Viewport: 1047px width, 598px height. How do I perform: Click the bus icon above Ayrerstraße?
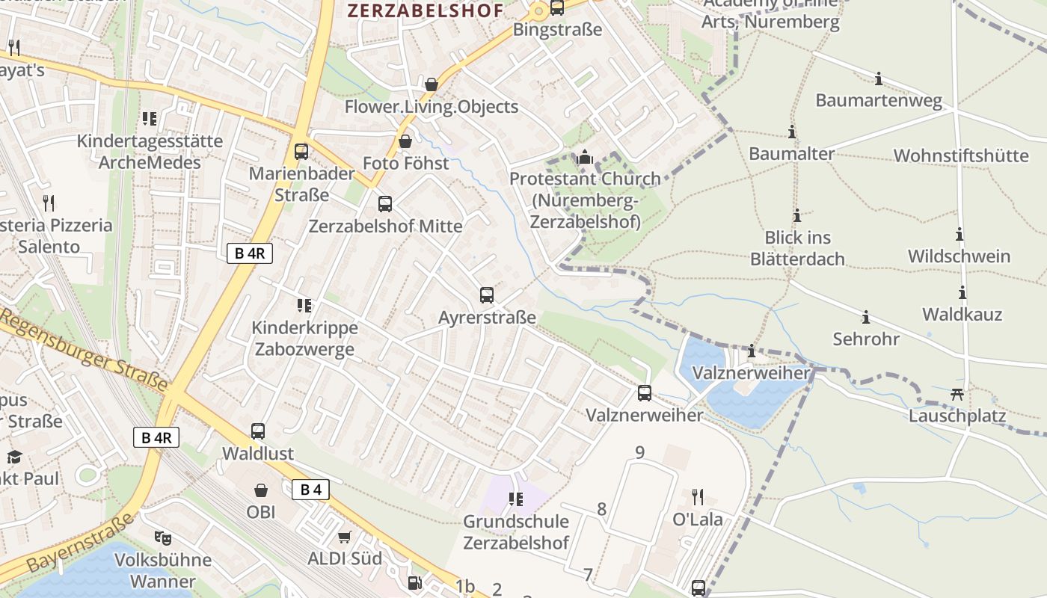487,295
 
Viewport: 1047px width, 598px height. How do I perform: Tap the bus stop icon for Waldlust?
258,431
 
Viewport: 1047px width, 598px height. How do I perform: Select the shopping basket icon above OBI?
261,490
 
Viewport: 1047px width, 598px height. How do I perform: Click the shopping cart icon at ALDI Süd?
345,537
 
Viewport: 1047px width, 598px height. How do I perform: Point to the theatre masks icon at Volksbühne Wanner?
162,537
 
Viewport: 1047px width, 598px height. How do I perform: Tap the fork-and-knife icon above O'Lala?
698,497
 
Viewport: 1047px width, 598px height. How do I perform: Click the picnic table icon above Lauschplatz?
957,394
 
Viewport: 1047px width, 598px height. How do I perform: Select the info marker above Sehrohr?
866,318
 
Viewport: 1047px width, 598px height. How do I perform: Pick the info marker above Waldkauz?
962,292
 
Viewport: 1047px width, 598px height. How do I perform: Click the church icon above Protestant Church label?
585,158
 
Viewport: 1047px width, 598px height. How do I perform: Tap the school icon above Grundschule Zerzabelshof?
515,499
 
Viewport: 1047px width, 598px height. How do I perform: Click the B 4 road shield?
310,490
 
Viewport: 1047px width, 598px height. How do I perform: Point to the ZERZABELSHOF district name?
425,10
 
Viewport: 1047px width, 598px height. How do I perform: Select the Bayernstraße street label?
82,543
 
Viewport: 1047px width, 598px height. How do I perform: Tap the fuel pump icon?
414,582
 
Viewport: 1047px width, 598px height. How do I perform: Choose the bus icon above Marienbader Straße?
301,152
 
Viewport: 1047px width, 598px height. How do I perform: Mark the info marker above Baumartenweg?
879,78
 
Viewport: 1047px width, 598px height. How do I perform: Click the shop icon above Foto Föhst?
405,141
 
